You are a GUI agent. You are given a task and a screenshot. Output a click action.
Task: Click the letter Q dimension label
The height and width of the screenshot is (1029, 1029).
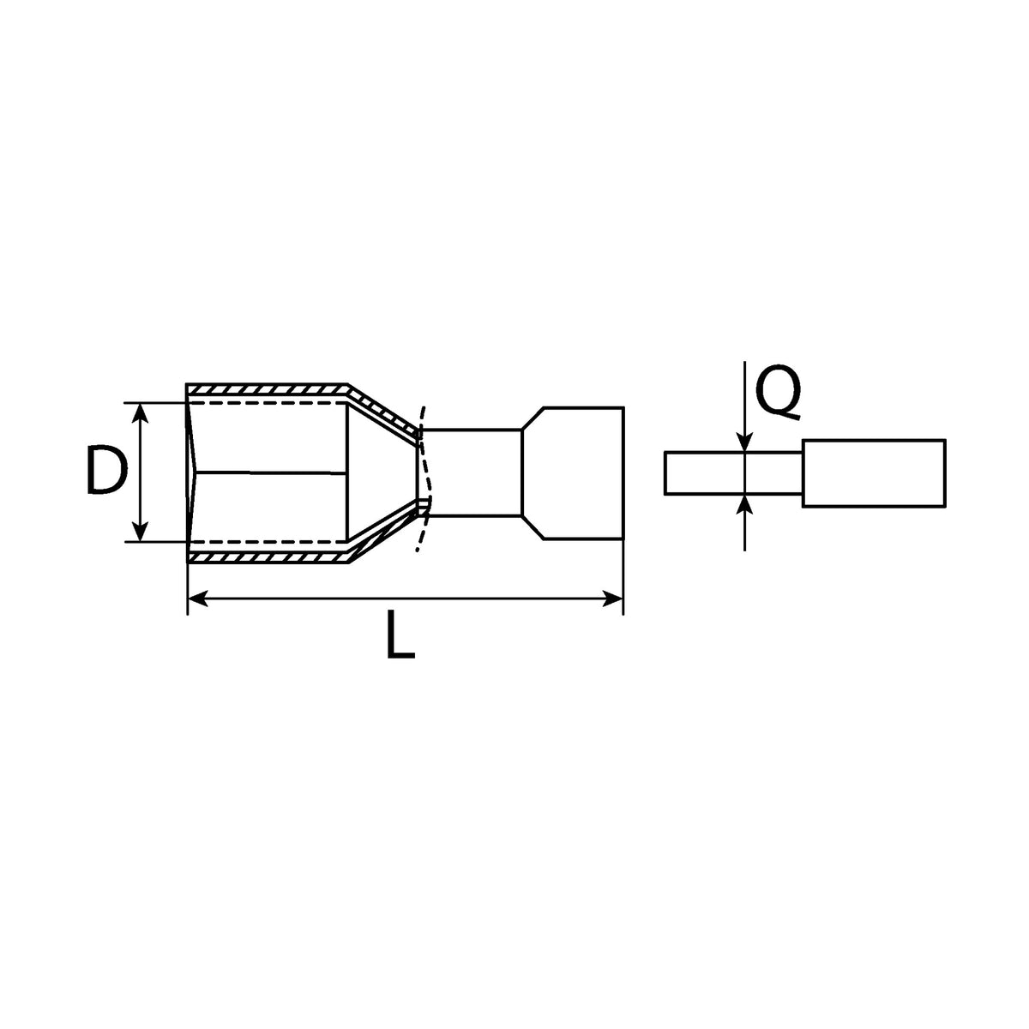[x=779, y=393]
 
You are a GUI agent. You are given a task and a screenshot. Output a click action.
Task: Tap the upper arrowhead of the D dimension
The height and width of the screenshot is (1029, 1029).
[x=140, y=412]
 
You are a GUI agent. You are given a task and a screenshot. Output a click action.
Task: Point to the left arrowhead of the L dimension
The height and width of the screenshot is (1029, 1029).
[x=199, y=599]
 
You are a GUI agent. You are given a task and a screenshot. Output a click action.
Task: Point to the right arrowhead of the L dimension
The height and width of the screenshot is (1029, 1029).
[x=612, y=599]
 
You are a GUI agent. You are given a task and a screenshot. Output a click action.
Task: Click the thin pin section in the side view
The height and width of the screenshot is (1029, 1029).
[x=733, y=473]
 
